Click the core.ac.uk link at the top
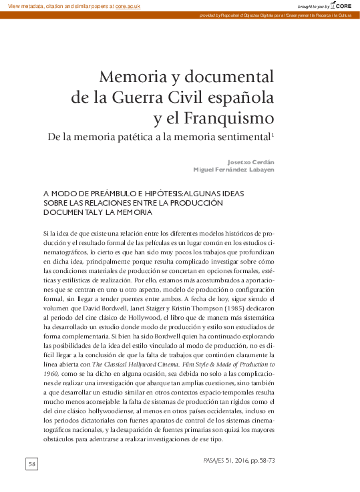(128, 5)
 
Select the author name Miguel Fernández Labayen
(234, 170)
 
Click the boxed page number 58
(33, 463)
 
